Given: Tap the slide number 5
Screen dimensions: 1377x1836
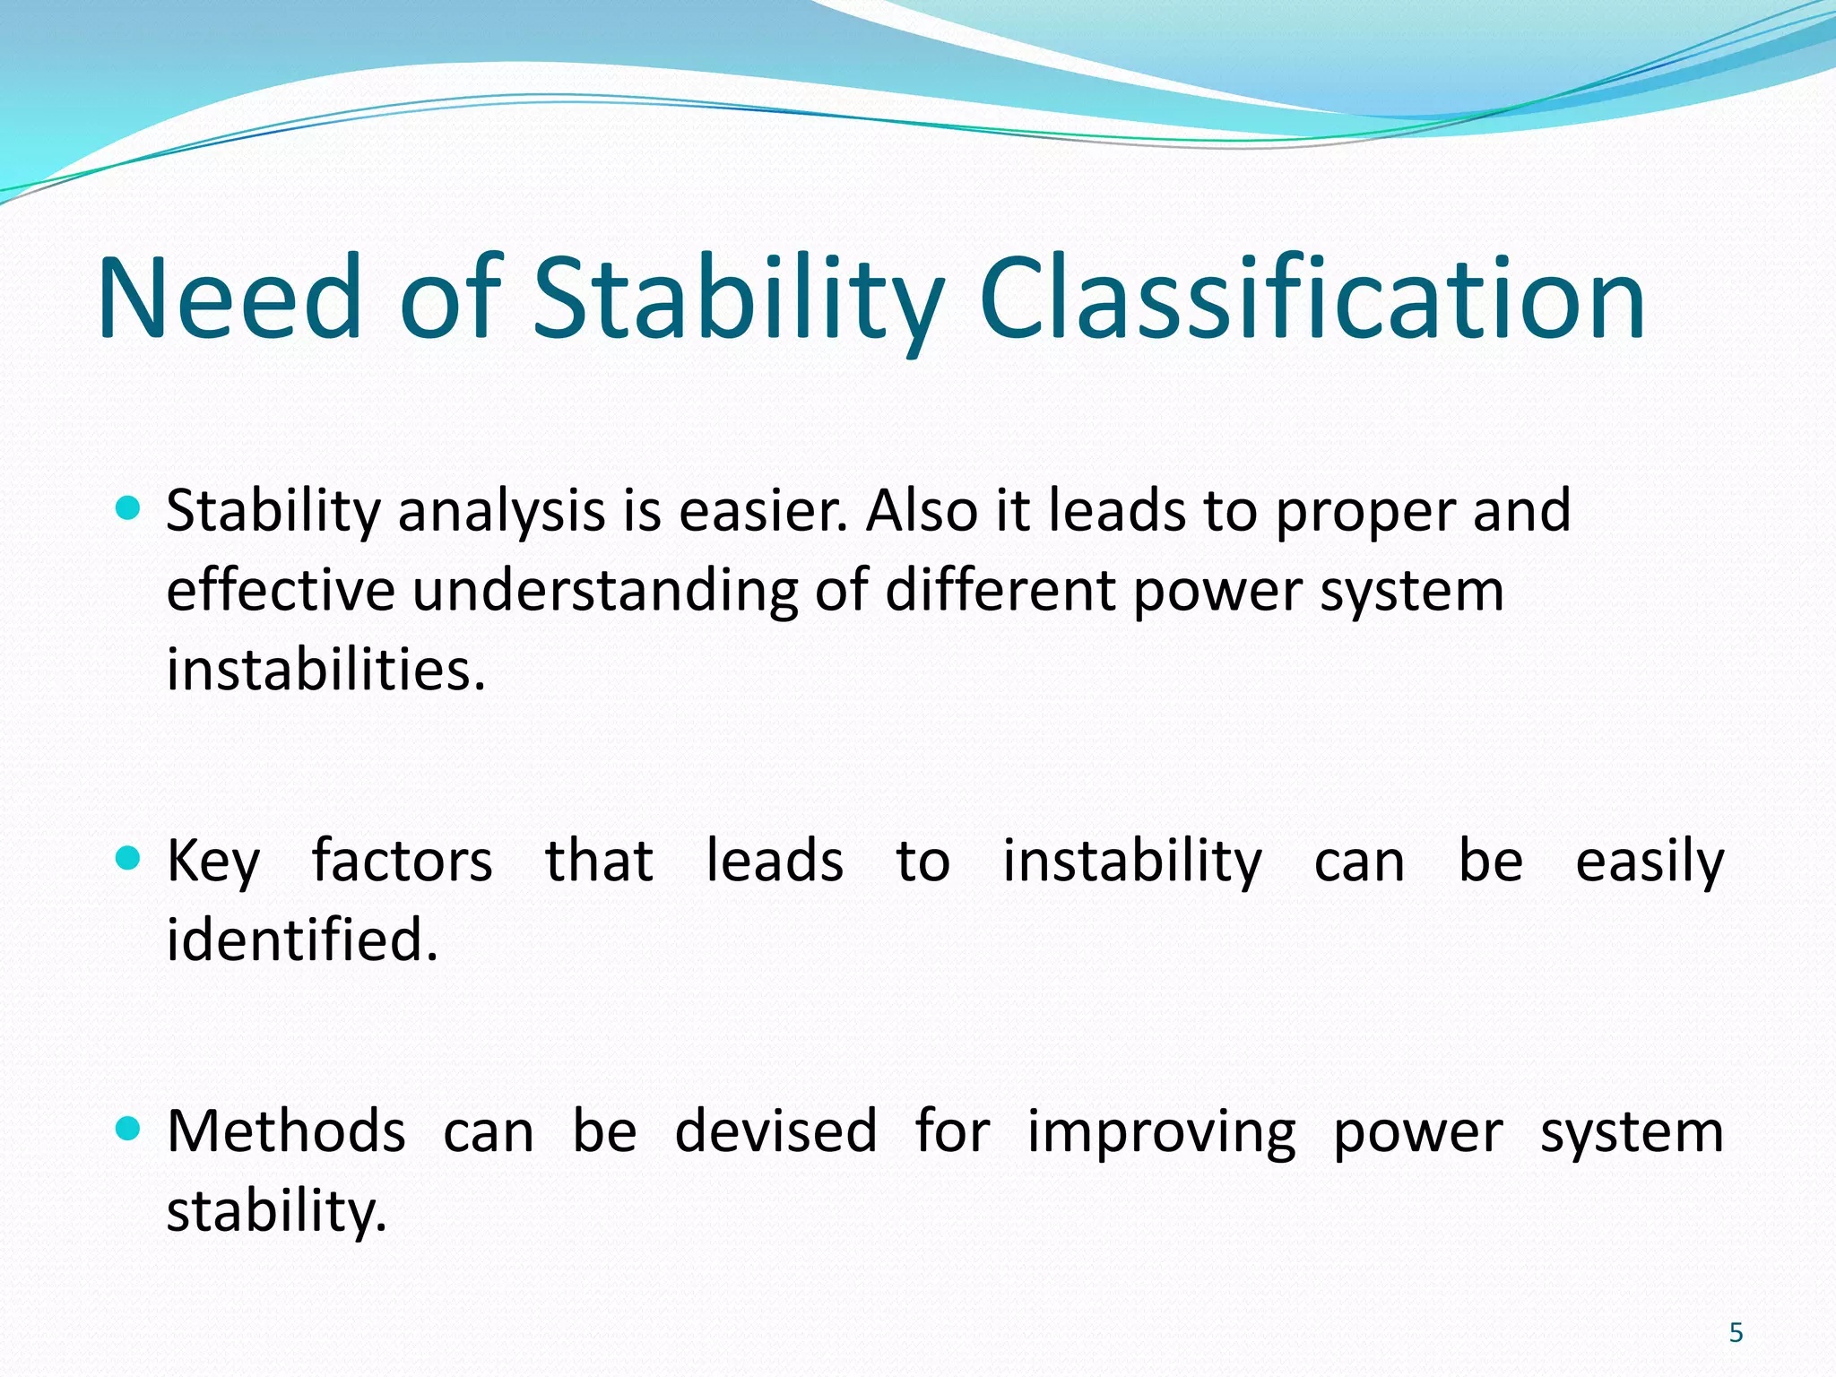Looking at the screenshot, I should [x=1736, y=1333].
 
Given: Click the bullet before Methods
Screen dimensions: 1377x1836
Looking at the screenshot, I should [x=129, y=1130].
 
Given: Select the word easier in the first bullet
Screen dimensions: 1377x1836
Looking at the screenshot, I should [x=762, y=511].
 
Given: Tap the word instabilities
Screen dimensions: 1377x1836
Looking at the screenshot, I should [x=325, y=671].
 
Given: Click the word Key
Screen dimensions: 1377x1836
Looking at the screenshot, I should [x=213, y=862].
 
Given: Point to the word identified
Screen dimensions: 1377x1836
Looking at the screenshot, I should [x=302, y=940].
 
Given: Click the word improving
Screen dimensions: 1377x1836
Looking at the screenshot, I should [x=1161, y=1132].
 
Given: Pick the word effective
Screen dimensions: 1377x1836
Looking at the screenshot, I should [x=281, y=592].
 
